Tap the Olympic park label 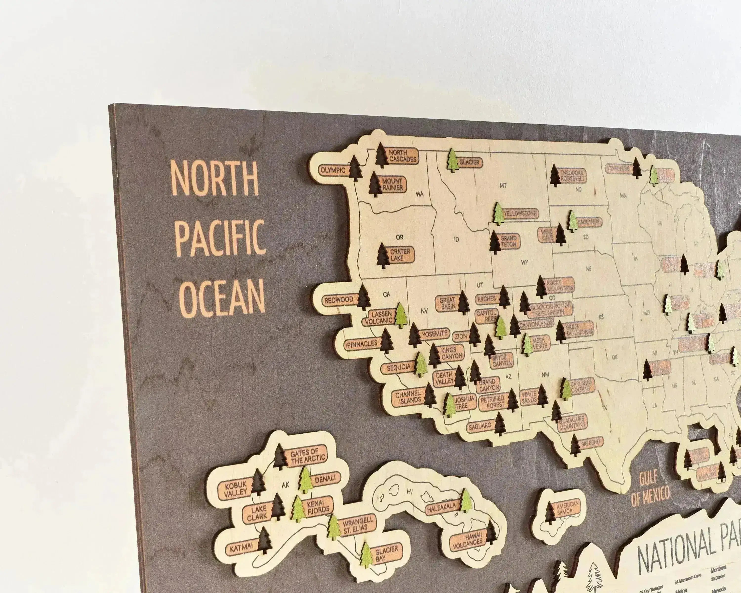tap(333, 170)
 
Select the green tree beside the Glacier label tap(453, 161)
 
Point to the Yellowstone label tap(520, 213)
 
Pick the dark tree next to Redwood tap(363, 297)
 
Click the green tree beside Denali tap(305, 480)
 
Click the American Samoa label tap(567, 508)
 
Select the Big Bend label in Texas tap(591, 443)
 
